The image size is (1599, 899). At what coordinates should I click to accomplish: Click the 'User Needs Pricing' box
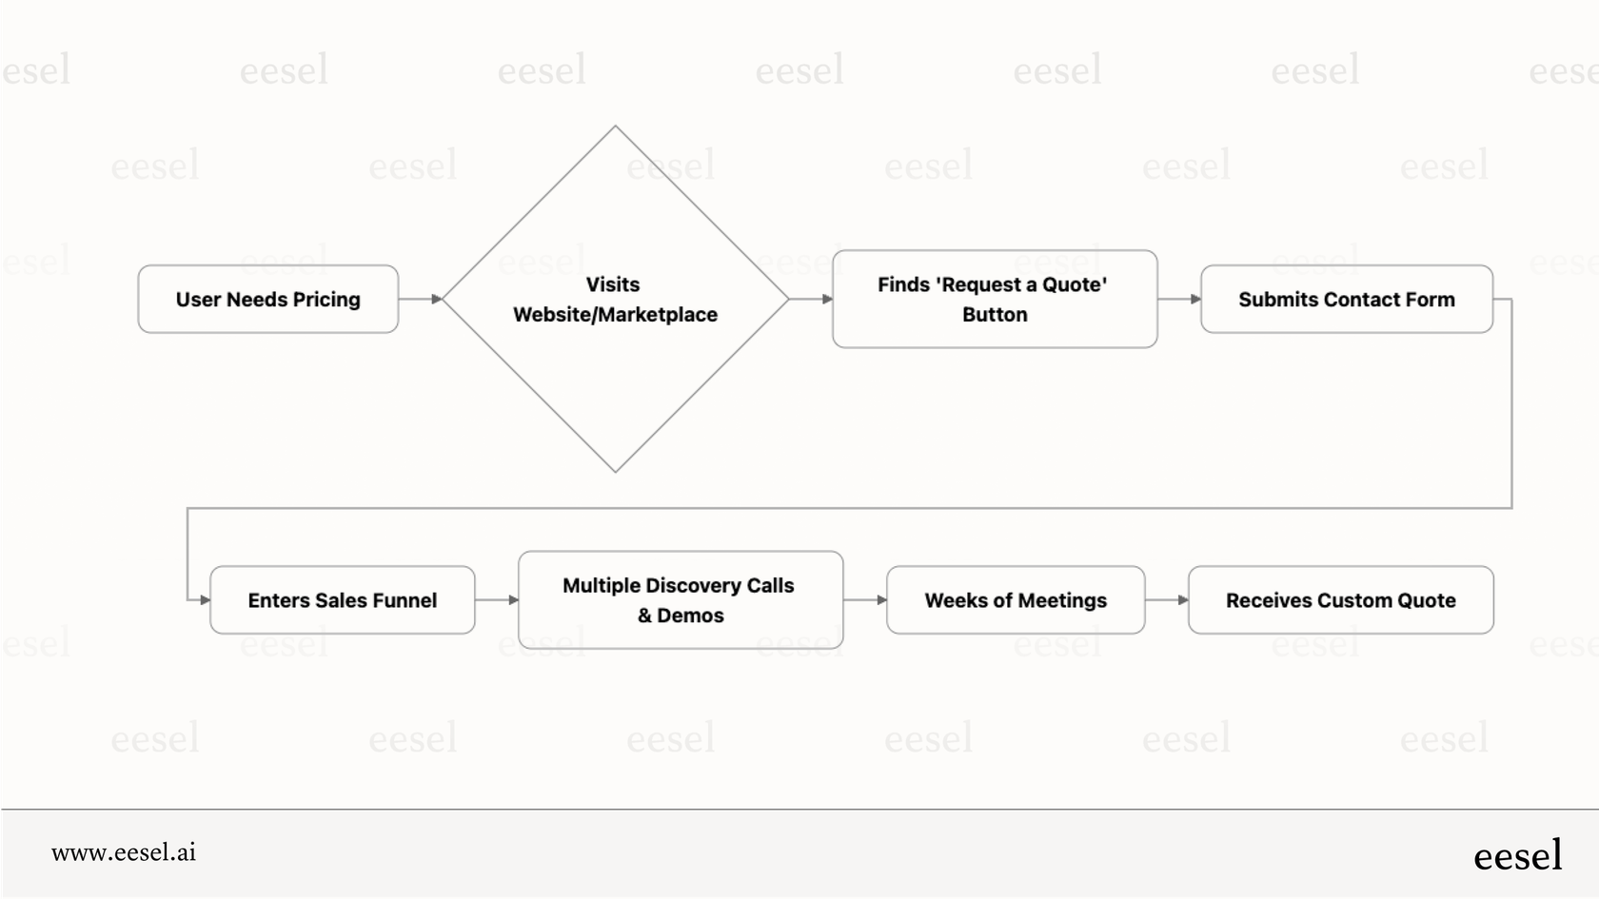coord(267,299)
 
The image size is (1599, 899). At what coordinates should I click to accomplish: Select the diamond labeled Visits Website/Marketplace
coord(615,299)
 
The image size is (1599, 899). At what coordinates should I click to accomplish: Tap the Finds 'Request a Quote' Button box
coord(995,299)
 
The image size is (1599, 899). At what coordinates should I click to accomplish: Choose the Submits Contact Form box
coord(1346,299)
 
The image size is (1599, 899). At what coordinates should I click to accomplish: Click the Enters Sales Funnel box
coord(342,600)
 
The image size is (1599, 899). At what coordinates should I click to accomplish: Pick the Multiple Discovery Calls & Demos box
coord(680,600)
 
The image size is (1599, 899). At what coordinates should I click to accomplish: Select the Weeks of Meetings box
coord(1016,600)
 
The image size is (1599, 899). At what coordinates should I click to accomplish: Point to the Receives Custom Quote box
coord(1340,600)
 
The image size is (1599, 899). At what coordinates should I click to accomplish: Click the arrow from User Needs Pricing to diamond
coord(420,299)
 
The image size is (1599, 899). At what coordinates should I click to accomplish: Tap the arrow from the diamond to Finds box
coord(811,299)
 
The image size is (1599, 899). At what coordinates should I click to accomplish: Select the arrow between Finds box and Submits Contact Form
coord(1179,299)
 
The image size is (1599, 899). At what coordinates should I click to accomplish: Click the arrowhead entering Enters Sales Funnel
coord(204,600)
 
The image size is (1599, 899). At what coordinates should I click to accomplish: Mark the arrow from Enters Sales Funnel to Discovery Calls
coord(497,600)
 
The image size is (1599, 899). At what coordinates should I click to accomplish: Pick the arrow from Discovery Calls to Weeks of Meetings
coord(865,600)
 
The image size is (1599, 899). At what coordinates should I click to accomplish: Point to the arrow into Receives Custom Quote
coord(1167,600)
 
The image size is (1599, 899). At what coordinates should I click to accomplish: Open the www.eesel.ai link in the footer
coord(124,852)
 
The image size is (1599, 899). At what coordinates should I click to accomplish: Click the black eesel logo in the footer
coord(1517,855)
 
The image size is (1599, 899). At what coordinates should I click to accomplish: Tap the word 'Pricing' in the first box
coord(326,300)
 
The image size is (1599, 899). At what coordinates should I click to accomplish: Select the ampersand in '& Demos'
coord(644,616)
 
